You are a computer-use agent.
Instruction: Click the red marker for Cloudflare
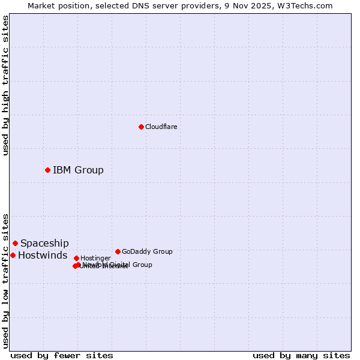pos(141,127)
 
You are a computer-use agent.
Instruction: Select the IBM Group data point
pos(47,170)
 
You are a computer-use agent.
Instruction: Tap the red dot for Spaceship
pos(15,243)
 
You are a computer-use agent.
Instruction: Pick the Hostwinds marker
pos(13,255)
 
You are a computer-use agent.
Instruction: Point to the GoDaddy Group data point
pos(118,251)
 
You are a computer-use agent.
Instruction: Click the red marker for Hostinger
pos(76,258)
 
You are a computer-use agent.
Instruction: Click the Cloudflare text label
pos(161,127)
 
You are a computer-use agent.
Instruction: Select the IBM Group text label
pos(78,170)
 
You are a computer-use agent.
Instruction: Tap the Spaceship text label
pos(44,243)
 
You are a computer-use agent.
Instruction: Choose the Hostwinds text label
pos(43,255)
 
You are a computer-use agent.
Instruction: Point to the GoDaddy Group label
pos(147,251)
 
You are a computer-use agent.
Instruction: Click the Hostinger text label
pos(95,258)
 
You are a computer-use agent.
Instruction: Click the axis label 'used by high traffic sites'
pos(5,85)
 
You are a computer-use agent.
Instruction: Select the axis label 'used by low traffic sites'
pos(5,280)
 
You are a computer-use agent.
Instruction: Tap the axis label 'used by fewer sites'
pos(62,356)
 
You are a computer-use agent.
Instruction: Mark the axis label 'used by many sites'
pos(301,356)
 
